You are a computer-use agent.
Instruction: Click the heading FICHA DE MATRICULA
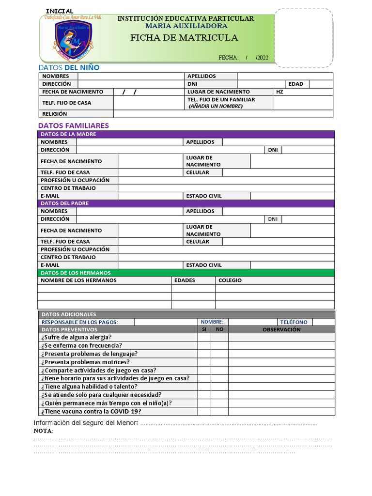[x=184, y=38]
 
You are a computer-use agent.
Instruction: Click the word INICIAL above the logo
[x=60, y=11]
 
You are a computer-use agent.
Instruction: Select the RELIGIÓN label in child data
[x=55, y=114]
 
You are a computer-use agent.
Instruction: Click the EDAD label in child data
[x=295, y=84]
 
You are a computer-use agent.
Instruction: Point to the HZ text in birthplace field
[x=279, y=92]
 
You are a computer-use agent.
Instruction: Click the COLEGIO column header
[x=230, y=280]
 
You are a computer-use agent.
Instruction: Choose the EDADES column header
[x=184, y=280]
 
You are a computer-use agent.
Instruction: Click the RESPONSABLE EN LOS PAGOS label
[x=79, y=322]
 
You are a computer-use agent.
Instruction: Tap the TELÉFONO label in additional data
[x=294, y=322]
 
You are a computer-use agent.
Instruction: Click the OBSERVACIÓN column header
[x=281, y=329]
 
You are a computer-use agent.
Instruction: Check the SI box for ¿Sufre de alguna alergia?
[x=204, y=337]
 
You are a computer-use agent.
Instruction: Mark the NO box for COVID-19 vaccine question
[x=219, y=411]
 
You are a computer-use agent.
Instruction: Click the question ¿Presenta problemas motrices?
[x=85, y=362]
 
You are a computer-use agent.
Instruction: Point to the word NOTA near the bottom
[x=43, y=431]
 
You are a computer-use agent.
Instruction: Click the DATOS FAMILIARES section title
[x=73, y=125]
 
